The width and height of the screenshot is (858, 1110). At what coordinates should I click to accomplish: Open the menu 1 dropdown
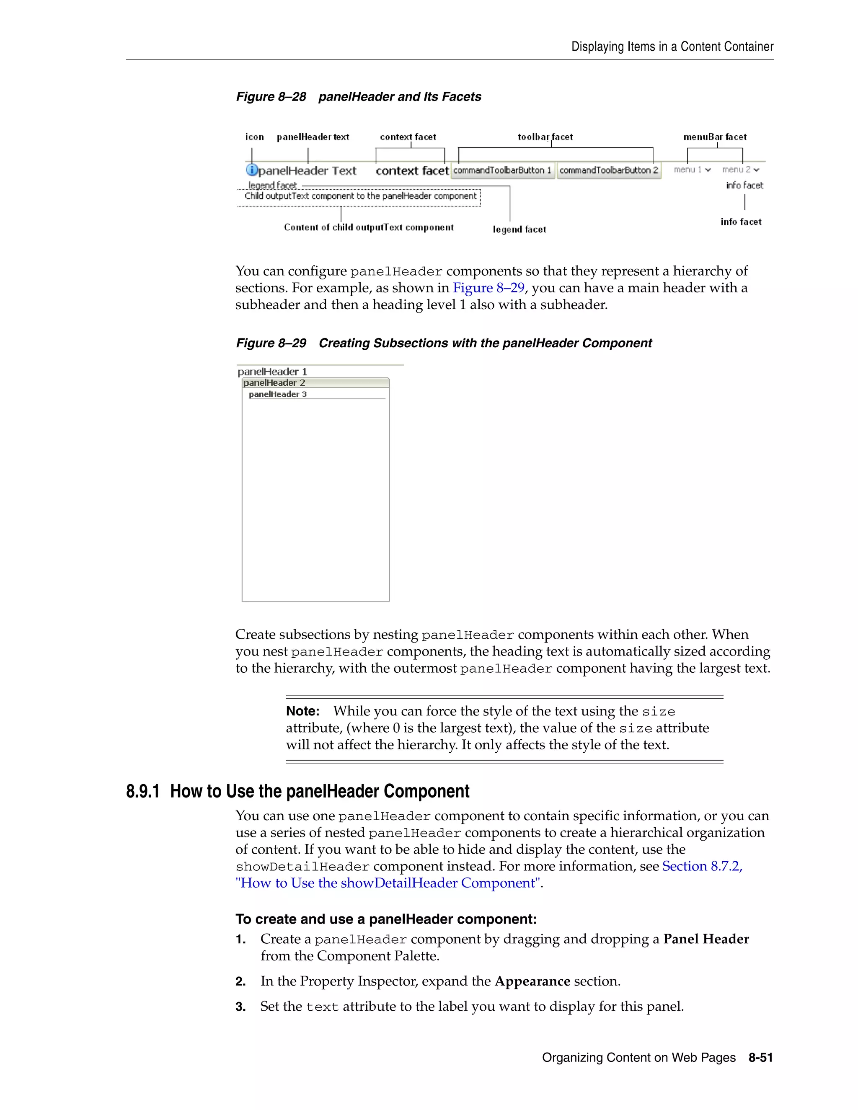692,170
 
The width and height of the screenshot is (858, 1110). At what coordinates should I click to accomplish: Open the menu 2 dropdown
741,170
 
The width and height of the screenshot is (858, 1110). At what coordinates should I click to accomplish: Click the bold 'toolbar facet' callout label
545,137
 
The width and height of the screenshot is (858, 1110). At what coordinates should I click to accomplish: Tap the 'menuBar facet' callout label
715,137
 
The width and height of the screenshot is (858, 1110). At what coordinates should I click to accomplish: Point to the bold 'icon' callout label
254,137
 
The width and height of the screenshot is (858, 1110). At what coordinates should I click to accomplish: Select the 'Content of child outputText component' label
369,227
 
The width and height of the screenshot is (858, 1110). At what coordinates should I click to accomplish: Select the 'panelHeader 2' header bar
315,383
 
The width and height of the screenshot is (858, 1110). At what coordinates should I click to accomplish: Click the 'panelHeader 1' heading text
272,372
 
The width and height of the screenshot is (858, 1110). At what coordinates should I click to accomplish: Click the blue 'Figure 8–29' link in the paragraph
488,288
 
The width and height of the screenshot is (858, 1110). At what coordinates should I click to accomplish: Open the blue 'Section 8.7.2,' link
702,866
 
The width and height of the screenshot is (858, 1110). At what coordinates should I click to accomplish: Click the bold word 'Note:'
302,711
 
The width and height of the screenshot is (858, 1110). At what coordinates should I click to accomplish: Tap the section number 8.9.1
143,791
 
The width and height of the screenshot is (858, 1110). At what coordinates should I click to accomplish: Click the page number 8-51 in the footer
760,1058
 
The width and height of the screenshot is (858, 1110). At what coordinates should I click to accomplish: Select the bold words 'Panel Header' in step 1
706,939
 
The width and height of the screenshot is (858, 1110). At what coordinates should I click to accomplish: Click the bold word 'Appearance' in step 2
532,981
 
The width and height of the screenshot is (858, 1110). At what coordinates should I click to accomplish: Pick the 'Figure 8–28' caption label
271,97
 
